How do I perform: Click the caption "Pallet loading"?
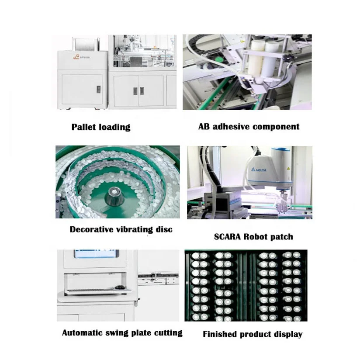pos(101,127)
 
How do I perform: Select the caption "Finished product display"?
pos(253,334)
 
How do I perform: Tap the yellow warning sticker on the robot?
pos(289,168)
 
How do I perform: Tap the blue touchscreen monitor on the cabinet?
pos(96,254)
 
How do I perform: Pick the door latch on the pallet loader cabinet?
pos(98,89)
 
